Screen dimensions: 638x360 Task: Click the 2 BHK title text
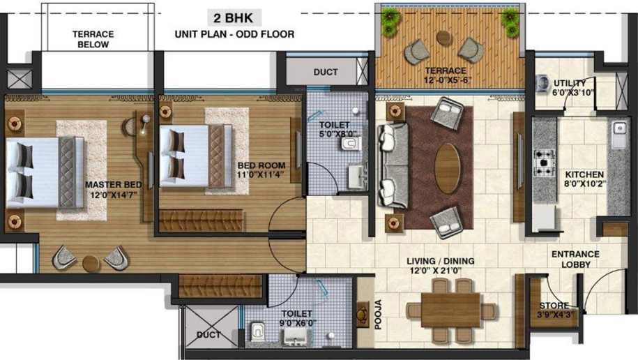coord(233,18)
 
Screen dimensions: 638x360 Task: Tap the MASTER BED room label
coord(114,184)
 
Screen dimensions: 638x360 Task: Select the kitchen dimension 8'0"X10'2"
coord(585,183)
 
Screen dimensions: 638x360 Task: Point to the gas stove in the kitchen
coord(545,162)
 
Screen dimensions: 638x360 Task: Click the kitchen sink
coord(619,135)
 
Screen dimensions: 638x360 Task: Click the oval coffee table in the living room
coord(447,168)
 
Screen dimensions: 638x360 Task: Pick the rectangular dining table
coord(451,310)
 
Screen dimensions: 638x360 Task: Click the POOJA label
coord(378,314)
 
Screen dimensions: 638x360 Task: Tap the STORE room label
coord(554,306)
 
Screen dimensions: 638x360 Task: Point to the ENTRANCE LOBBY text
coord(576,260)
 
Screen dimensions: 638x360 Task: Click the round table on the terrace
coord(444,38)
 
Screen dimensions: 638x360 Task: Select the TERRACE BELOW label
coord(93,39)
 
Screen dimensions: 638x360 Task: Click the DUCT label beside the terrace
coord(326,72)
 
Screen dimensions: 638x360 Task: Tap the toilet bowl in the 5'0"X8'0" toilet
coord(351,143)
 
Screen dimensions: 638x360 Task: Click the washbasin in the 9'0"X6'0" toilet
coord(296,337)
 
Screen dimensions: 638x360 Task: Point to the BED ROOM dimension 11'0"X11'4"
coord(261,175)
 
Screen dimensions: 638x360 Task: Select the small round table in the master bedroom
coord(91,264)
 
